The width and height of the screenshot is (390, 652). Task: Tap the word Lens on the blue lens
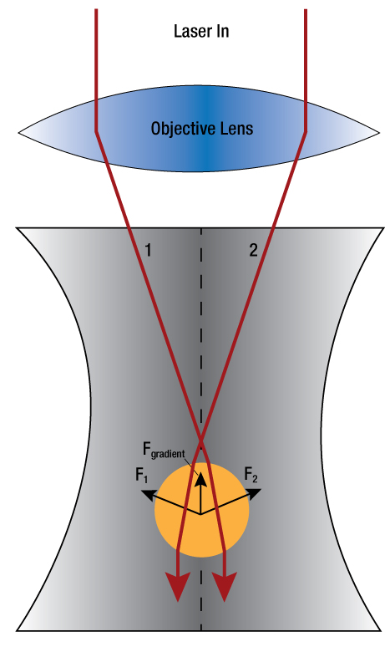[236, 128]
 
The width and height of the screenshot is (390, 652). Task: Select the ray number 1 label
[148, 250]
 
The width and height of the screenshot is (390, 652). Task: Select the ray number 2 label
[253, 250]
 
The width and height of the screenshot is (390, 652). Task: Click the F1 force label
[142, 475]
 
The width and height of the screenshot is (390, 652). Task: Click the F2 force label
[251, 475]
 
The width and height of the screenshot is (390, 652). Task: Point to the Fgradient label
[164, 451]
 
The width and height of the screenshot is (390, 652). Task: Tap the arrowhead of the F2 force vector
[254, 494]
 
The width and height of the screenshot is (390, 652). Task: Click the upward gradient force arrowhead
[201, 479]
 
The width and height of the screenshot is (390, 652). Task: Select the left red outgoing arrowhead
[178, 586]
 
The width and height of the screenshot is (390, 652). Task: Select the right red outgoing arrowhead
[225, 586]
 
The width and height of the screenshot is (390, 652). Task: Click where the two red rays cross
[201, 440]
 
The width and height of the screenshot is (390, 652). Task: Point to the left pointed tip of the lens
[18, 133]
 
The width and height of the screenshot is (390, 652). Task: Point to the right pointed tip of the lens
[379, 133]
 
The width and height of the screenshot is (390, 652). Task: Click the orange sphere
[201, 510]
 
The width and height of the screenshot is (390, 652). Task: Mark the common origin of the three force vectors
[201, 514]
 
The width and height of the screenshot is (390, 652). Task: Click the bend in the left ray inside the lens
[96, 132]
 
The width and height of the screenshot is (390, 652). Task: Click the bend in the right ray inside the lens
[306, 132]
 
